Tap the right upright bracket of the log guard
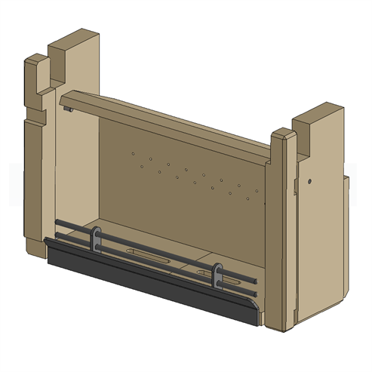point(217,274)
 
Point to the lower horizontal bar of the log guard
point(151,259)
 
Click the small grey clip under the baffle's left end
point(69,109)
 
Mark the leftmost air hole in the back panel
point(134,154)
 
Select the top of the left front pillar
point(35,60)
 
